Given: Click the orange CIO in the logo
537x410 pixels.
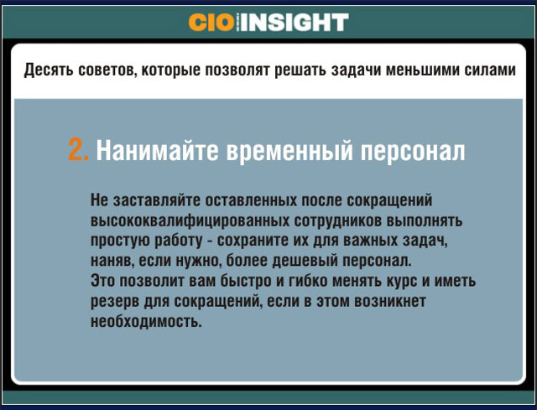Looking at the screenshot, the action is coord(211,23).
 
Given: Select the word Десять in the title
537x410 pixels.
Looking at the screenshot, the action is coord(49,70).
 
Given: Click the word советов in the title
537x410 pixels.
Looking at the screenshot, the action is coord(107,70).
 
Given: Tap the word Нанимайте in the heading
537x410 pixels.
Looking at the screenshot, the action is coord(157,150).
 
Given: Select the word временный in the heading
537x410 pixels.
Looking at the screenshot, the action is coord(289,152).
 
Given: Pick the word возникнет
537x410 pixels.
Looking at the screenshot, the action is coord(390,302).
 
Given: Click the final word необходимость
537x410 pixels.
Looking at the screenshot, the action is coord(146,322).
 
